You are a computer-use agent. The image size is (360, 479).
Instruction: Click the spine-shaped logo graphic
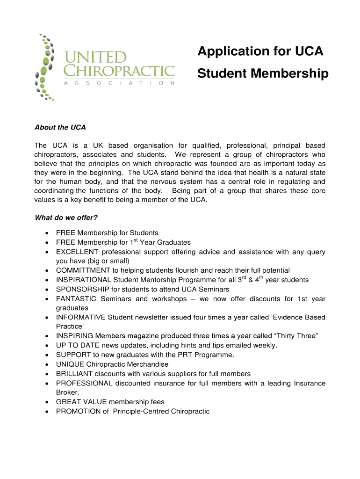coord(45,66)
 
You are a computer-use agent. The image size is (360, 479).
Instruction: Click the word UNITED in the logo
coord(95,58)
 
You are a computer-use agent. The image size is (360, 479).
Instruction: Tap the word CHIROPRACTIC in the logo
coord(119,71)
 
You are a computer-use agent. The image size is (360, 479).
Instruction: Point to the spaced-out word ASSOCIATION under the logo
coord(119,83)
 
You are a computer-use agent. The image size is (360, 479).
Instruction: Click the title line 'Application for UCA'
coord(260,51)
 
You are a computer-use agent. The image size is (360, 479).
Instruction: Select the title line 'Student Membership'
coord(263,73)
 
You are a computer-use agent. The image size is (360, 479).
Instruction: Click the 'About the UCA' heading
coord(60,127)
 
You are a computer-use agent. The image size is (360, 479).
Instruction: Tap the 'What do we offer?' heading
coord(66,218)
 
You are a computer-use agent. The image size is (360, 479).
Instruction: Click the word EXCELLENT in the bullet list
coord(77,252)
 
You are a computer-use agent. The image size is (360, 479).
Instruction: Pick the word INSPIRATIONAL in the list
coord(84,280)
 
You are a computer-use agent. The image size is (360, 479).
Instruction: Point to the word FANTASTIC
coord(76,299)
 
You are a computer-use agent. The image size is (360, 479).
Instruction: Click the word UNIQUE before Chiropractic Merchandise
coord(69,364)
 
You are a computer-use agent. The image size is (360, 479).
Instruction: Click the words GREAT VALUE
coord(81,402)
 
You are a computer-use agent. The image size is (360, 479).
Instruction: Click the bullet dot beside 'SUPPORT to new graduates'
coord(48,355)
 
